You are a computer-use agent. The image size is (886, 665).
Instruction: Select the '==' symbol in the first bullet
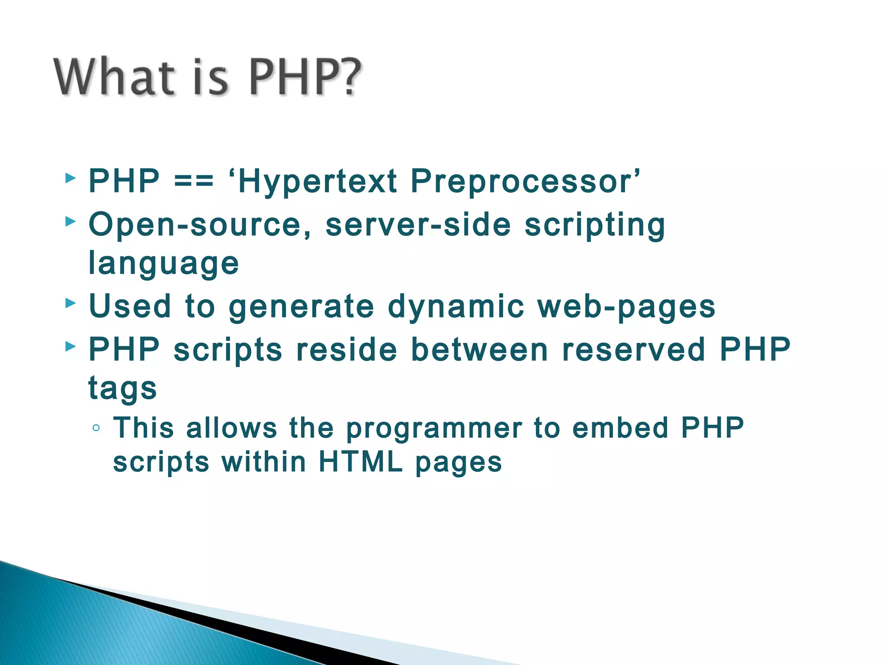[x=194, y=181]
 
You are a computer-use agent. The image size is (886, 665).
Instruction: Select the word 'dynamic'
[x=456, y=307]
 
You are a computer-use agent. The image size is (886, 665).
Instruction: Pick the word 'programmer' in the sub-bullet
[x=434, y=429]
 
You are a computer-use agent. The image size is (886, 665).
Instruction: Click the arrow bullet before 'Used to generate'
[x=71, y=303]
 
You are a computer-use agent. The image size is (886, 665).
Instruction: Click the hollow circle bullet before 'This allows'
[x=96, y=428]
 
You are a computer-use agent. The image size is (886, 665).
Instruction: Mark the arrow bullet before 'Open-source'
[x=71, y=222]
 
